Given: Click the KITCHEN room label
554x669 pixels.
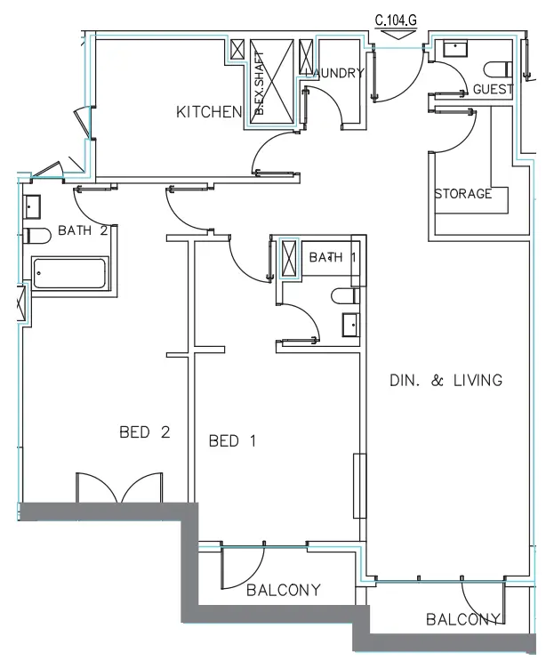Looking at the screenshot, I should click(x=209, y=112).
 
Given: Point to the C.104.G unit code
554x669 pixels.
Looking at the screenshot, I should click(x=396, y=18).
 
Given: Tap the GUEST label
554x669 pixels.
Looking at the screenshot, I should click(x=493, y=90).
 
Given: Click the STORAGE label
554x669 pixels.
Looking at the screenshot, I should click(x=462, y=194).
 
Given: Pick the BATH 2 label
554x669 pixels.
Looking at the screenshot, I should click(x=83, y=230).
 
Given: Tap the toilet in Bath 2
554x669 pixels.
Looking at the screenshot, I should click(x=36, y=236).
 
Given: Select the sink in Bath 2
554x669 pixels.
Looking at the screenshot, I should click(x=33, y=207).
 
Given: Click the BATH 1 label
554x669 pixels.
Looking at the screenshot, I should click(x=325, y=258).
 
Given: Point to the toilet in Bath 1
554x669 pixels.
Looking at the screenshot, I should click(x=344, y=296).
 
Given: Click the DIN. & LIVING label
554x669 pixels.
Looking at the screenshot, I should click(x=446, y=381).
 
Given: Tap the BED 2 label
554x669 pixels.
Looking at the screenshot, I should click(x=144, y=433).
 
